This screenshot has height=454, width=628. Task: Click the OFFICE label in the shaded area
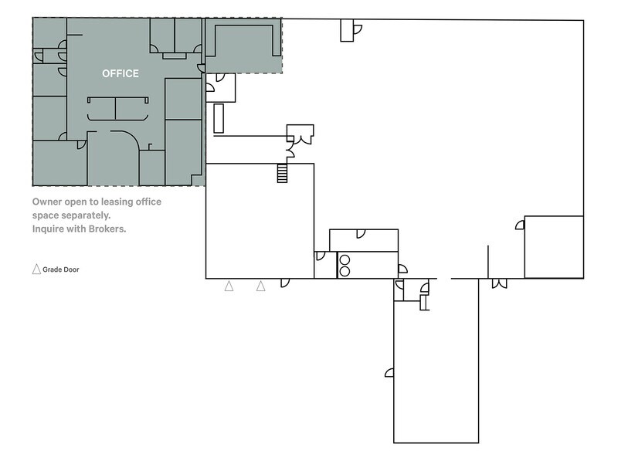121,73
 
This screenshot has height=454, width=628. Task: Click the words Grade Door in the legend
61,269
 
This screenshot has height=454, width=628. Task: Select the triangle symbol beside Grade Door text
36,269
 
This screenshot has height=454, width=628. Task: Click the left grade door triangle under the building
229,286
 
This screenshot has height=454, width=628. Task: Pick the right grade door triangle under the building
261,286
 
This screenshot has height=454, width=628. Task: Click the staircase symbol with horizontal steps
283,173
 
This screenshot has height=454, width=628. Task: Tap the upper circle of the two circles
345,260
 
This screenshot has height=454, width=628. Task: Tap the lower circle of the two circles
345,271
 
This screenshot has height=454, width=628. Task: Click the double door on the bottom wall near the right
500,283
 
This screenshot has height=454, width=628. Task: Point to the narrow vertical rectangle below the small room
219,118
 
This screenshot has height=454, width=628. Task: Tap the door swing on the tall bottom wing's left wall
389,373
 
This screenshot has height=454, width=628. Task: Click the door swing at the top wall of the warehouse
358,29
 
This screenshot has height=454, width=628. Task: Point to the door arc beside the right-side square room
520,225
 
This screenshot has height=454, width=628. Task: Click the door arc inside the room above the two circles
361,234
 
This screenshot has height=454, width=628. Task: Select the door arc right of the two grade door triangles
285,283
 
